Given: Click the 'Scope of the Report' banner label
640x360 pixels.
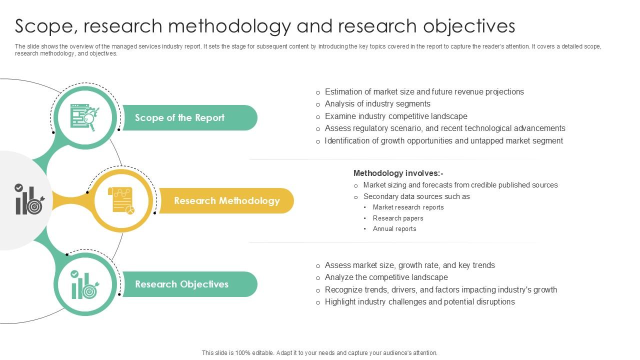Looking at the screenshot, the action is (179, 117).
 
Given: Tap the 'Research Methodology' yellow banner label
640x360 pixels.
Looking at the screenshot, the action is (227, 201).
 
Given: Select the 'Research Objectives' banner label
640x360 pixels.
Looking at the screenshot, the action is (181, 284).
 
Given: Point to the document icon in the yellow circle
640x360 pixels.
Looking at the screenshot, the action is (121, 200).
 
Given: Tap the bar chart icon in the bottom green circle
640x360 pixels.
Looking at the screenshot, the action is (85, 284).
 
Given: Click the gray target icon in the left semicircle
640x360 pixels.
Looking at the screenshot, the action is (29, 199).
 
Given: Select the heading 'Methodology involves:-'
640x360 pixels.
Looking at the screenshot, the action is (398, 173).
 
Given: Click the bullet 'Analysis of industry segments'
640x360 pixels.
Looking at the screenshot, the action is (377, 103).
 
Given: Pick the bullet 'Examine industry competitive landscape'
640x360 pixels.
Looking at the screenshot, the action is (396, 116).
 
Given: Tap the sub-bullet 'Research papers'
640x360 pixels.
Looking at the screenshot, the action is (397, 218).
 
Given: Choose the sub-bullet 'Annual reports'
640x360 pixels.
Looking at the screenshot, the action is (394, 229).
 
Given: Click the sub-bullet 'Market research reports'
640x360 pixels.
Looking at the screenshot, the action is (408, 207).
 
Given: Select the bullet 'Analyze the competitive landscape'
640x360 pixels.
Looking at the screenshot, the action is (386, 277).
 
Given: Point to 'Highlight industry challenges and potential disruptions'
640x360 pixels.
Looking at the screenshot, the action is (419, 302).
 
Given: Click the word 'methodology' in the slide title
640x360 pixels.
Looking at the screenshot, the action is (229, 26).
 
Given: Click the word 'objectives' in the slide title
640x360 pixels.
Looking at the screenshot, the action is (469, 26).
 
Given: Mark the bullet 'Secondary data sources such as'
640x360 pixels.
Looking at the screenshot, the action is (416, 196).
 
